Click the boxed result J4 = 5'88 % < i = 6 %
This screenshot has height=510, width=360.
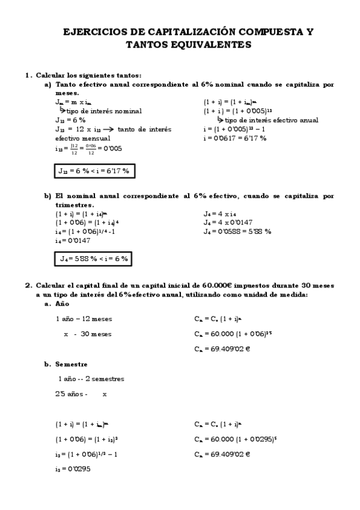(93, 259)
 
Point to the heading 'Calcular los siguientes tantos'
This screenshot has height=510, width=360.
(88, 75)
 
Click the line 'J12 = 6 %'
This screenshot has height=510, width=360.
(71, 120)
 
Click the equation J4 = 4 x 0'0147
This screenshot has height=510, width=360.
(231, 223)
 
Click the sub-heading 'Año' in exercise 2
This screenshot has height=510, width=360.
(61, 304)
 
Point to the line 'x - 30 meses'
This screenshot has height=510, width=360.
(87, 334)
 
